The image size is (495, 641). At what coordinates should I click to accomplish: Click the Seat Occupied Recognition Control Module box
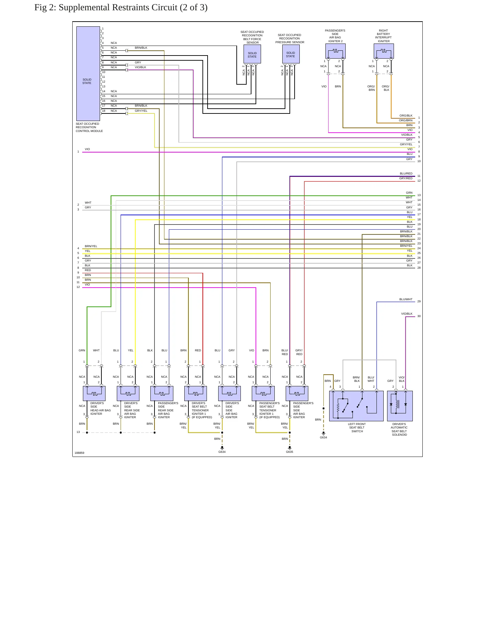[x=88, y=74]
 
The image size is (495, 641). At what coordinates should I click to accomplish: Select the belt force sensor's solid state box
[x=252, y=54]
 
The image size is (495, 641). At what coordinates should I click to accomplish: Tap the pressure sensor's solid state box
[x=290, y=54]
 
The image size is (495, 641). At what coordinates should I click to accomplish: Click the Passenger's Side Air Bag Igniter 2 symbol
[x=335, y=51]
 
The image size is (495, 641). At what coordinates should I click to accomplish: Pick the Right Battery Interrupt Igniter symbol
[x=384, y=51]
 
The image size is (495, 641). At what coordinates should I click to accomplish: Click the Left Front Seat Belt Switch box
[x=356, y=406]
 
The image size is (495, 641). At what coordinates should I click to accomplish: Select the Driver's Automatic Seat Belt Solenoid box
[x=400, y=406]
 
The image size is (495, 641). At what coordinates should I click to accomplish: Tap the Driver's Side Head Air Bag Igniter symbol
[x=94, y=394]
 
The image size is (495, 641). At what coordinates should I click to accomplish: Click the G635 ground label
[x=289, y=452]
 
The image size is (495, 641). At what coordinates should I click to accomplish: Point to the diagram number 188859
[x=79, y=453]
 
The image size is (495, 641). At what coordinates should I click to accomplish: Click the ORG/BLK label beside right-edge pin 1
[x=406, y=116]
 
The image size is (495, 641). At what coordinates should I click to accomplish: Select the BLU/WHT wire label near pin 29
[x=406, y=300]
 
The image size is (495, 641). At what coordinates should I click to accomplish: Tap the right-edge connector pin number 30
[x=419, y=316]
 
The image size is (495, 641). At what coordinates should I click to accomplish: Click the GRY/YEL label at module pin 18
[x=141, y=111]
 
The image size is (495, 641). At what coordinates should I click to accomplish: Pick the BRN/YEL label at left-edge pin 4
[x=91, y=246]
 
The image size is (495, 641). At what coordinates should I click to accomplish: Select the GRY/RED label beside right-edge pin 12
[x=406, y=178]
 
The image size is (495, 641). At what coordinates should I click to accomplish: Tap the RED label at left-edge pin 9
[x=88, y=270]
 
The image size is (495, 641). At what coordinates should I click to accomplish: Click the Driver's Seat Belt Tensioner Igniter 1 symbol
[x=195, y=394]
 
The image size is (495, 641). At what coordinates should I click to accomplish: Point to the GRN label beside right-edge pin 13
[x=409, y=193]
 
